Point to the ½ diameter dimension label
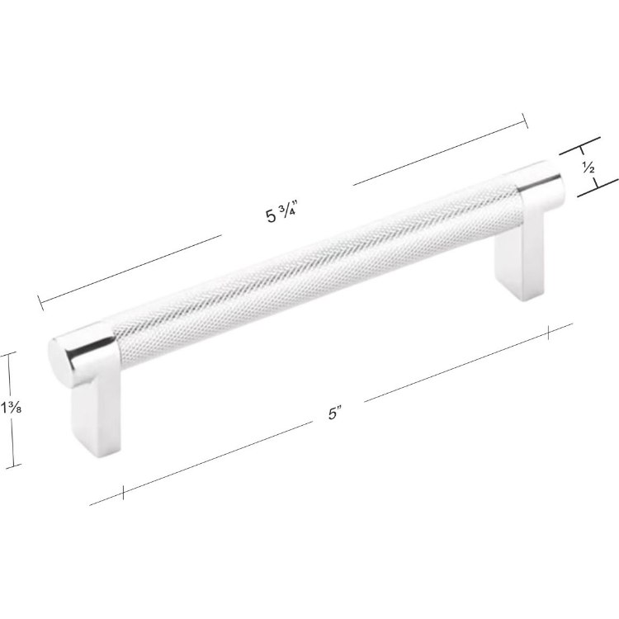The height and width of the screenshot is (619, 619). tap(588, 168)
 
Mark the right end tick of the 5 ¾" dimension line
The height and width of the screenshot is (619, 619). tap(526, 122)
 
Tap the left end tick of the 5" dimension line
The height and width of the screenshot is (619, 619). tap(122, 493)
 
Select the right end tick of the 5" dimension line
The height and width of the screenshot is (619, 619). tap(549, 332)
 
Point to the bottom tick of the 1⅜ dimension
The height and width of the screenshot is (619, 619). tap(10, 467)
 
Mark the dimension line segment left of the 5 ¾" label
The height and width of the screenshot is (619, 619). tap(132, 268)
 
